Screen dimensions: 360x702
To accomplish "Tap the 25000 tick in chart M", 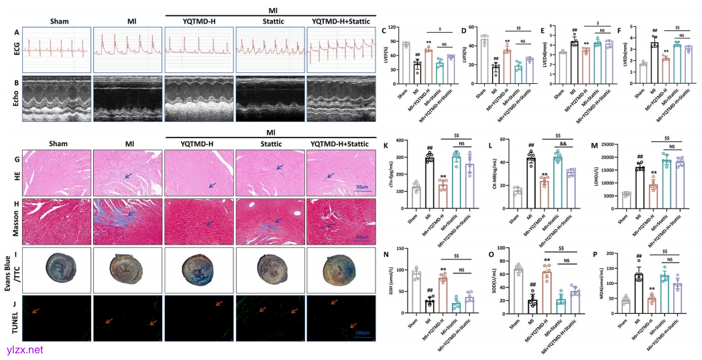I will (605, 144).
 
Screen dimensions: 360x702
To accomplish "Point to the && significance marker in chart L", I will (566, 144).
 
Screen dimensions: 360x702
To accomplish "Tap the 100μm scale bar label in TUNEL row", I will (363, 333).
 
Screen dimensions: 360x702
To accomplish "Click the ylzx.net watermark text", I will (22, 349).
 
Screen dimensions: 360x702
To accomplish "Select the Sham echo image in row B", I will (56, 101).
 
